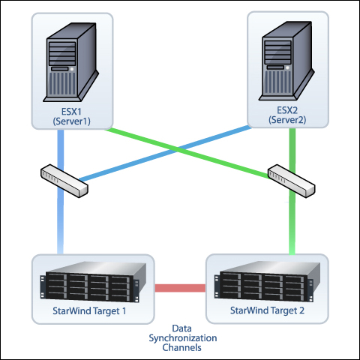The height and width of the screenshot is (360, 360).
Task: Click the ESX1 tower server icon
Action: click(71, 62)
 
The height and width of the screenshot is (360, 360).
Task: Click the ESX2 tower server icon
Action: click(286, 61)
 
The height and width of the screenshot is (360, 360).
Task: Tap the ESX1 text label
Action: click(71, 112)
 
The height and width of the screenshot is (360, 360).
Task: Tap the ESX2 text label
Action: click(287, 110)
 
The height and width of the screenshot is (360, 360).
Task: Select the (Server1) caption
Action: click(71, 121)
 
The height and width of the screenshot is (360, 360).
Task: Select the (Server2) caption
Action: click(287, 120)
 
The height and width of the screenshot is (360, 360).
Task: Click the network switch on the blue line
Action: click(64, 181)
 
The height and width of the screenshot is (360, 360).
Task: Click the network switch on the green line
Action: click(292, 181)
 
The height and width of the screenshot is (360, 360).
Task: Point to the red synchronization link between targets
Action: click(180, 288)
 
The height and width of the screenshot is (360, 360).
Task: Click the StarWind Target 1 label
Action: click(89, 311)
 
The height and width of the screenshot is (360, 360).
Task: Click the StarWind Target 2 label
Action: click(267, 310)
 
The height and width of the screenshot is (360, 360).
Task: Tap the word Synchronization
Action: click(183, 338)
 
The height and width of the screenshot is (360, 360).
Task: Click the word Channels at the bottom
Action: click(181, 347)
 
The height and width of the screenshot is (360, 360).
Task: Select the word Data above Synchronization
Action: click(181, 328)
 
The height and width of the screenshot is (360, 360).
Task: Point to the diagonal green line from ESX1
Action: click(187, 154)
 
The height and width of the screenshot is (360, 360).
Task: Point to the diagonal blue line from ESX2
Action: click(165, 153)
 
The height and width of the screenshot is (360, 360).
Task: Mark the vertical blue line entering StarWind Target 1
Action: click(60, 192)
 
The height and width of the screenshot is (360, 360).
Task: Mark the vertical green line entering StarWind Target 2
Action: click(292, 191)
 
